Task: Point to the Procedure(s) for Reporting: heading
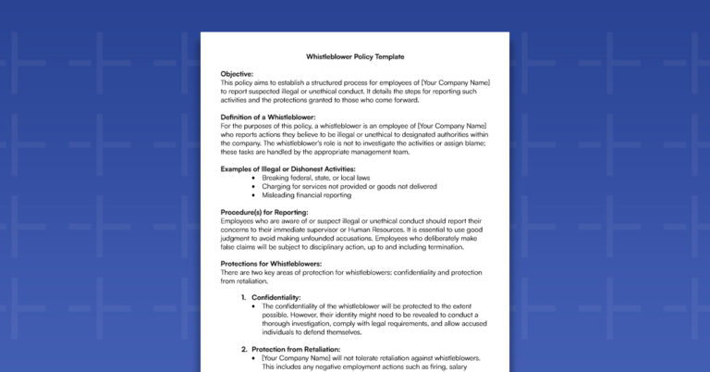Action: point(264,213)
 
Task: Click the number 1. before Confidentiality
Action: point(244,297)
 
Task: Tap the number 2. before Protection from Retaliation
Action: point(244,349)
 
